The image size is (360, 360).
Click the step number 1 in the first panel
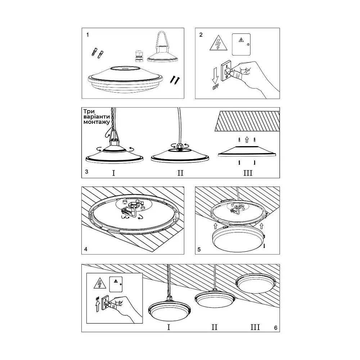tap(87, 35)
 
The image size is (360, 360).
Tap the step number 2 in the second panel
tap(201, 35)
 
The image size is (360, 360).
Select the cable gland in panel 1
tap(139, 56)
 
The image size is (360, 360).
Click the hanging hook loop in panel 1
tap(162, 40)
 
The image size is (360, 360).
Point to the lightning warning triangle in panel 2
tap(219, 43)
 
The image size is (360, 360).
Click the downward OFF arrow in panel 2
tap(215, 76)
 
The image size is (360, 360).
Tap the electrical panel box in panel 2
tap(241, 44)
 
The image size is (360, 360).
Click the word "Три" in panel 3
tap(89, 111)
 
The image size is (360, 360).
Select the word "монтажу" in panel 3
tap(96, 122)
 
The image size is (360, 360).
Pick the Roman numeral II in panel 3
tap(180, 173)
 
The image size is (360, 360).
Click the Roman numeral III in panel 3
tap(248, 173)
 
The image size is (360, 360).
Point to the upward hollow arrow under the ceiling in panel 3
tap(247, 140)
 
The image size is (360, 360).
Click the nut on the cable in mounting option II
tap(179, 146)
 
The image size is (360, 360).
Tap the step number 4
tap(86, 249)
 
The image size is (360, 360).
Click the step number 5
tap(199, 249)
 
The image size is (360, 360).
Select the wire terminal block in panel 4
tap(125, 210)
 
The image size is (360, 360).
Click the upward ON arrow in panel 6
tap(98, 306)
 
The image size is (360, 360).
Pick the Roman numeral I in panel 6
tap(169, 327)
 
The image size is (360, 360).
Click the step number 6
tap(276, 328)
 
